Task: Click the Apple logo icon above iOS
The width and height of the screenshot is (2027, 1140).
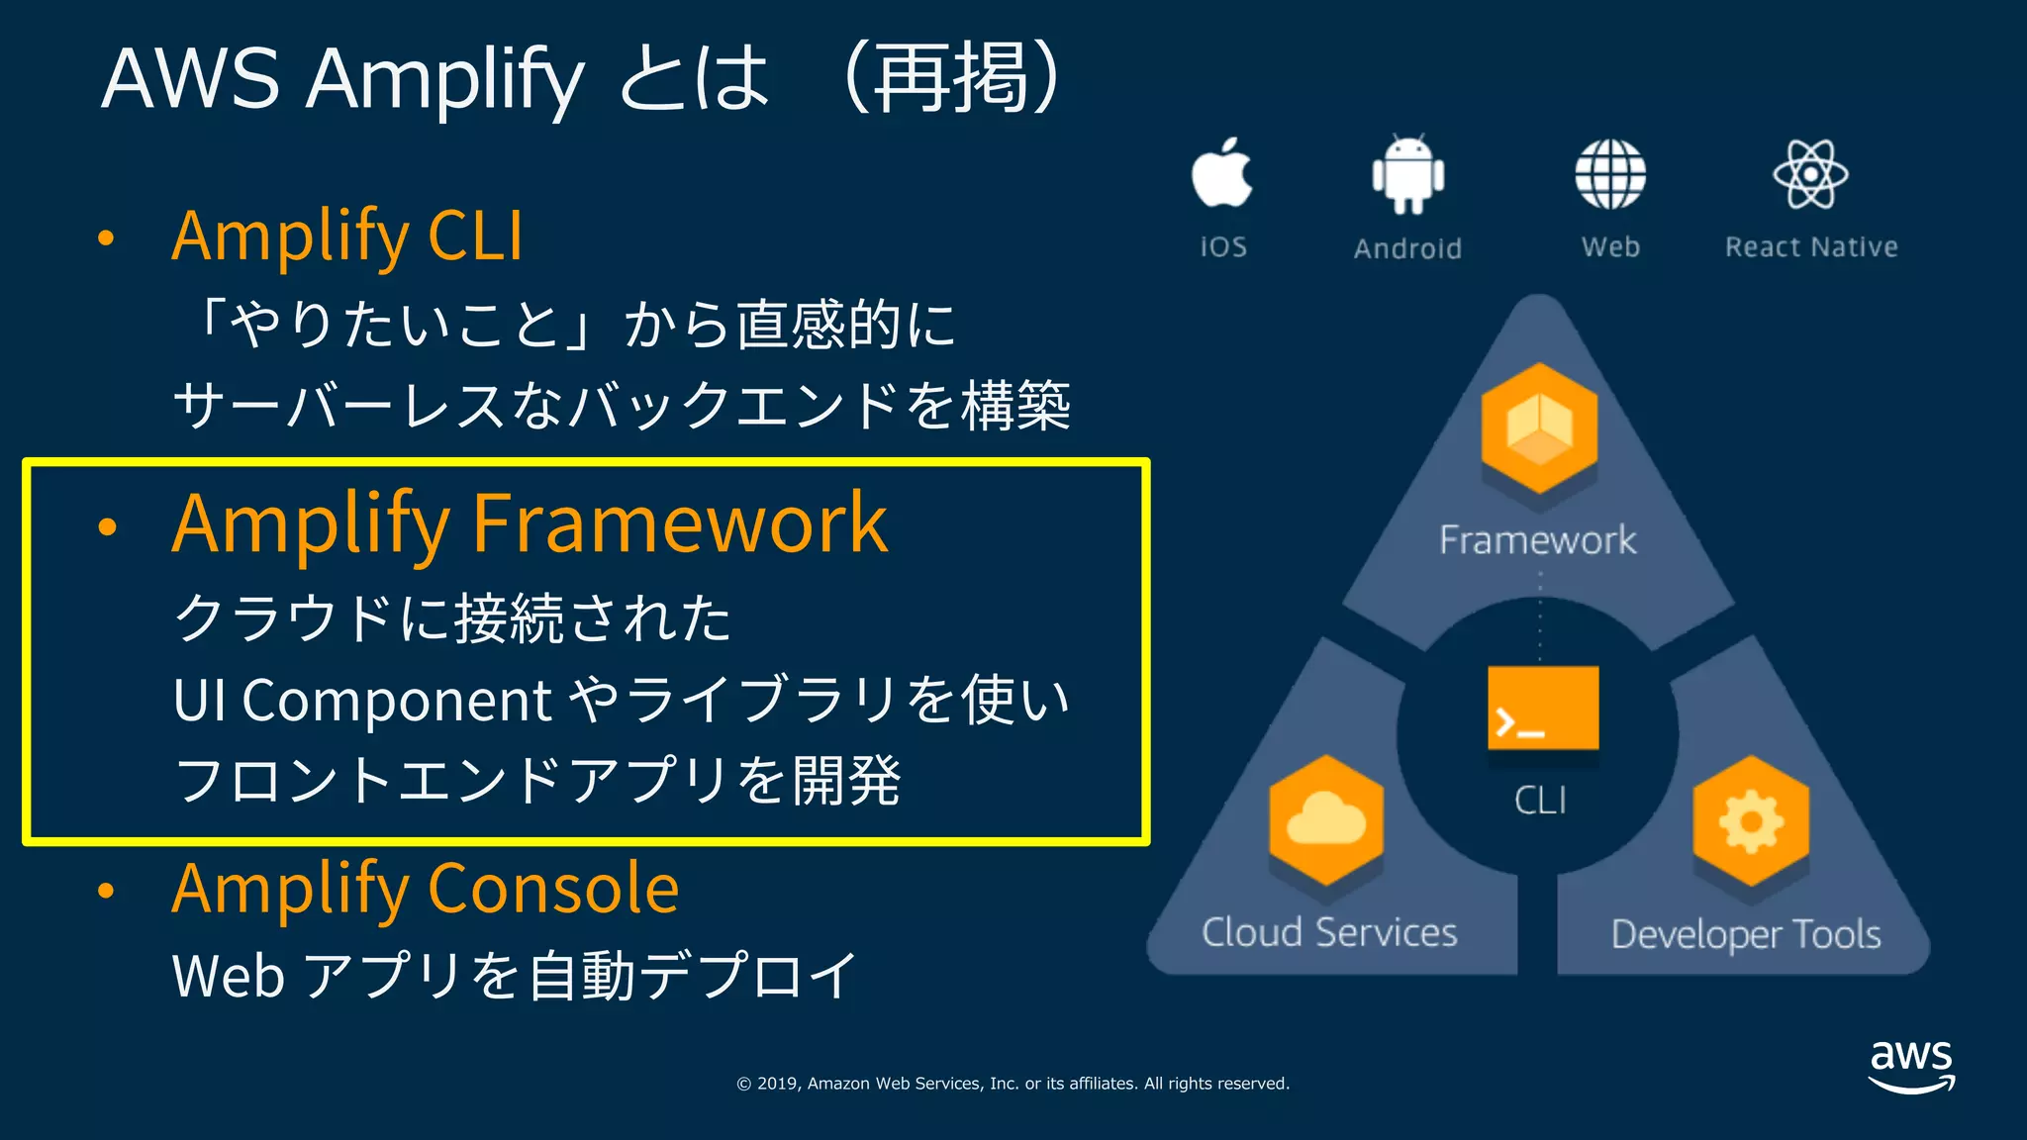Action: click(x=1221, y=173)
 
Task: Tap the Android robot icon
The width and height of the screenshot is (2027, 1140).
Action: click(x=1407, y=174)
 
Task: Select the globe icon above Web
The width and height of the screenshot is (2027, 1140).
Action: click(x=1610, y=174)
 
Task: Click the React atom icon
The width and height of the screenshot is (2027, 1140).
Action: click(x=1810, y=174)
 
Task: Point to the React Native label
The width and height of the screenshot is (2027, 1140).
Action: click(x=1811, y=246)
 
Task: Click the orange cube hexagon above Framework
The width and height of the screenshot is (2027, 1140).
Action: click(x=1539, y=427)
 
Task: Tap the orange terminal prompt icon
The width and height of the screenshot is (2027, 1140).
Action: click(x=1543, y=708)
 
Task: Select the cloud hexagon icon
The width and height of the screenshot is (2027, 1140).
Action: click(x=1326, y=820)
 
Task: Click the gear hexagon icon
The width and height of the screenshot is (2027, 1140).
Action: click(x=1751, y=820)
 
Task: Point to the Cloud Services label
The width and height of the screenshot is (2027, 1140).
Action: click(x=1329, y=932)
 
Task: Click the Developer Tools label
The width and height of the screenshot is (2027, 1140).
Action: click(x=1746, y=934)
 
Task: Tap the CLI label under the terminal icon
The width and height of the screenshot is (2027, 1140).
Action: click(x=1540, y=800)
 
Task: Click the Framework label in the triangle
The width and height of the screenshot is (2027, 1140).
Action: click(x=1537, y=540)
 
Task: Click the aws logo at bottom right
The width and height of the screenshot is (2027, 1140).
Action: click(x=1911, y=1066)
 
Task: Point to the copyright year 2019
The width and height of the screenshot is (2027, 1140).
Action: click(x=777, y=1084)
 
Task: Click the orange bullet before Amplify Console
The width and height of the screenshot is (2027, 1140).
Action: click(x=107, y=891)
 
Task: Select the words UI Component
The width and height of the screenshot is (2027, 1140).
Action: click(x=361, y=701)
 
